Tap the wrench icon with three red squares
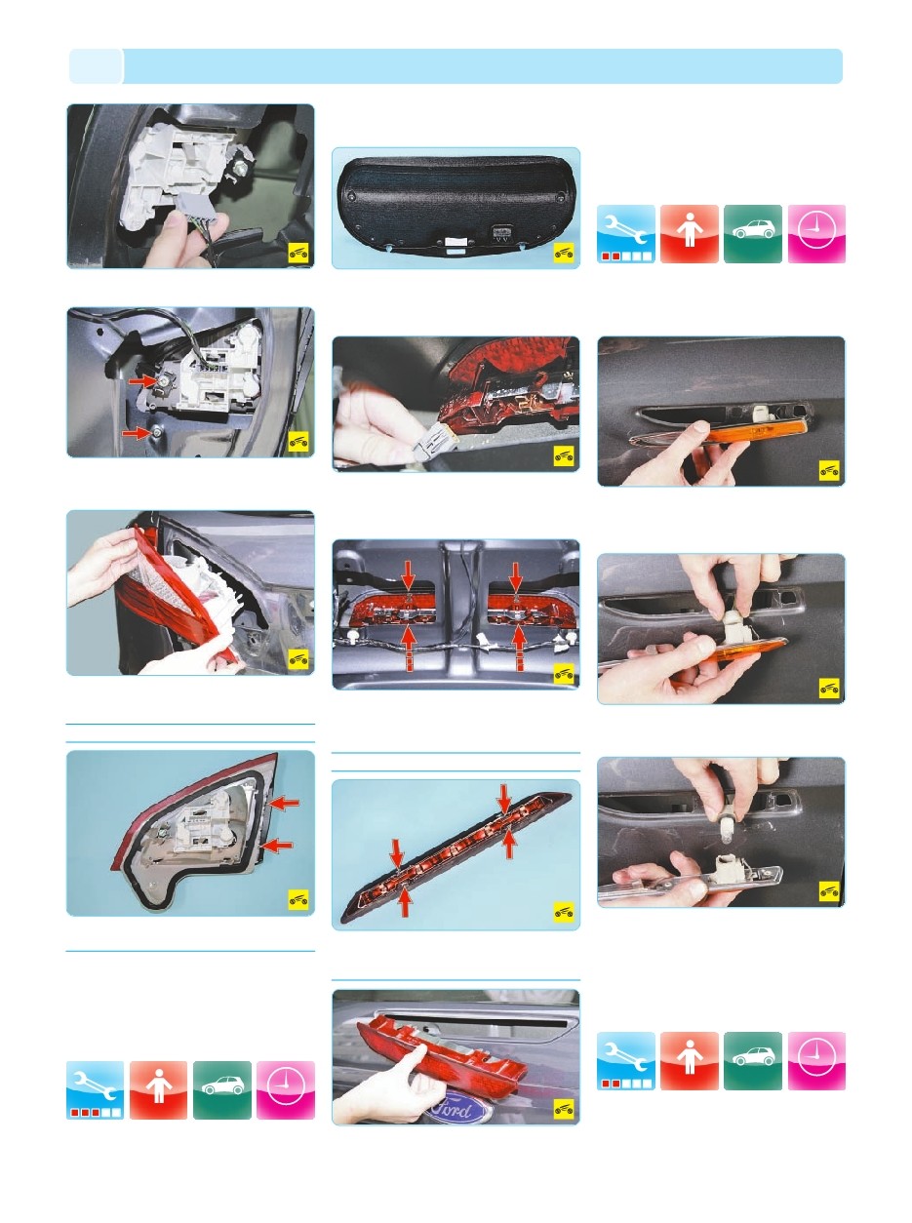95,1089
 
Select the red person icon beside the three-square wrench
158,1089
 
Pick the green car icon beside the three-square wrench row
221,1089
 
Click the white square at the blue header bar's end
96,66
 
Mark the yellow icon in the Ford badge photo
563,1108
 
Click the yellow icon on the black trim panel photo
563,254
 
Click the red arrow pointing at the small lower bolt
132,430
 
